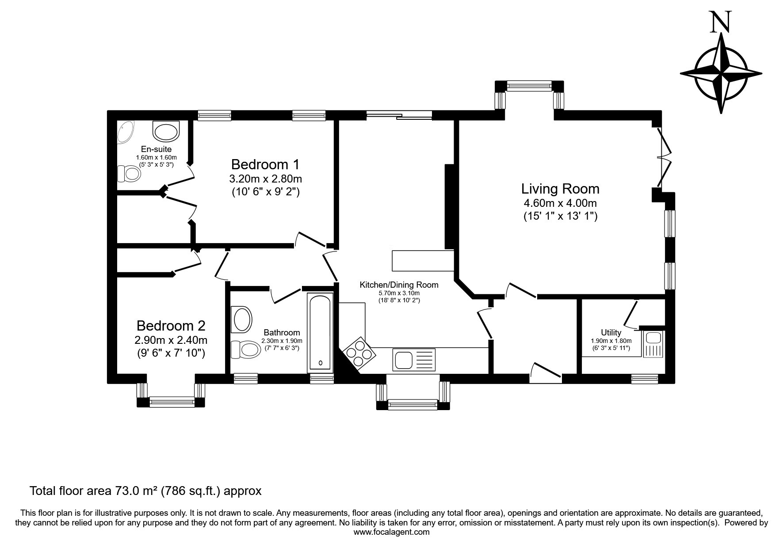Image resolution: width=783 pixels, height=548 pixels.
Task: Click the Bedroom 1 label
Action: pos(265,164)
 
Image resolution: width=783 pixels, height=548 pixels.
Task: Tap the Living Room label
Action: pos(560,189)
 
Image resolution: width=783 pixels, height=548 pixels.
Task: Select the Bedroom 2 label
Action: pos(171,326)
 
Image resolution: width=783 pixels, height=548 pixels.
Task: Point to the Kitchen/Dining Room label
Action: pos(399,285)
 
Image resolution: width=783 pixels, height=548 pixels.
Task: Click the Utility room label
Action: pos(611,332)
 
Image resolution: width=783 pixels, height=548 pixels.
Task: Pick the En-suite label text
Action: pos(156,149)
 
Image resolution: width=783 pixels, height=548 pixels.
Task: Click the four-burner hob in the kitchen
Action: pos(359,352)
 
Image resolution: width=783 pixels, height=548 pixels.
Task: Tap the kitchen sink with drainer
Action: pos(414,359)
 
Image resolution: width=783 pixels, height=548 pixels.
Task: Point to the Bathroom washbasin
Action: pos(241,319)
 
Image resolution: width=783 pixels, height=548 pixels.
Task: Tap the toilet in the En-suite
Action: pos(130,173)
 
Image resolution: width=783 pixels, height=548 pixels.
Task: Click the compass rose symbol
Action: pos(721,73)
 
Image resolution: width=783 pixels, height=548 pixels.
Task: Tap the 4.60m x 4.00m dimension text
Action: pos(560,203)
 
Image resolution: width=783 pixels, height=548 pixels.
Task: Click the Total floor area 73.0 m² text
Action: pos(145,491)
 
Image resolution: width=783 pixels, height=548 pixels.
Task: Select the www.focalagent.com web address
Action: pos(392,532)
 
